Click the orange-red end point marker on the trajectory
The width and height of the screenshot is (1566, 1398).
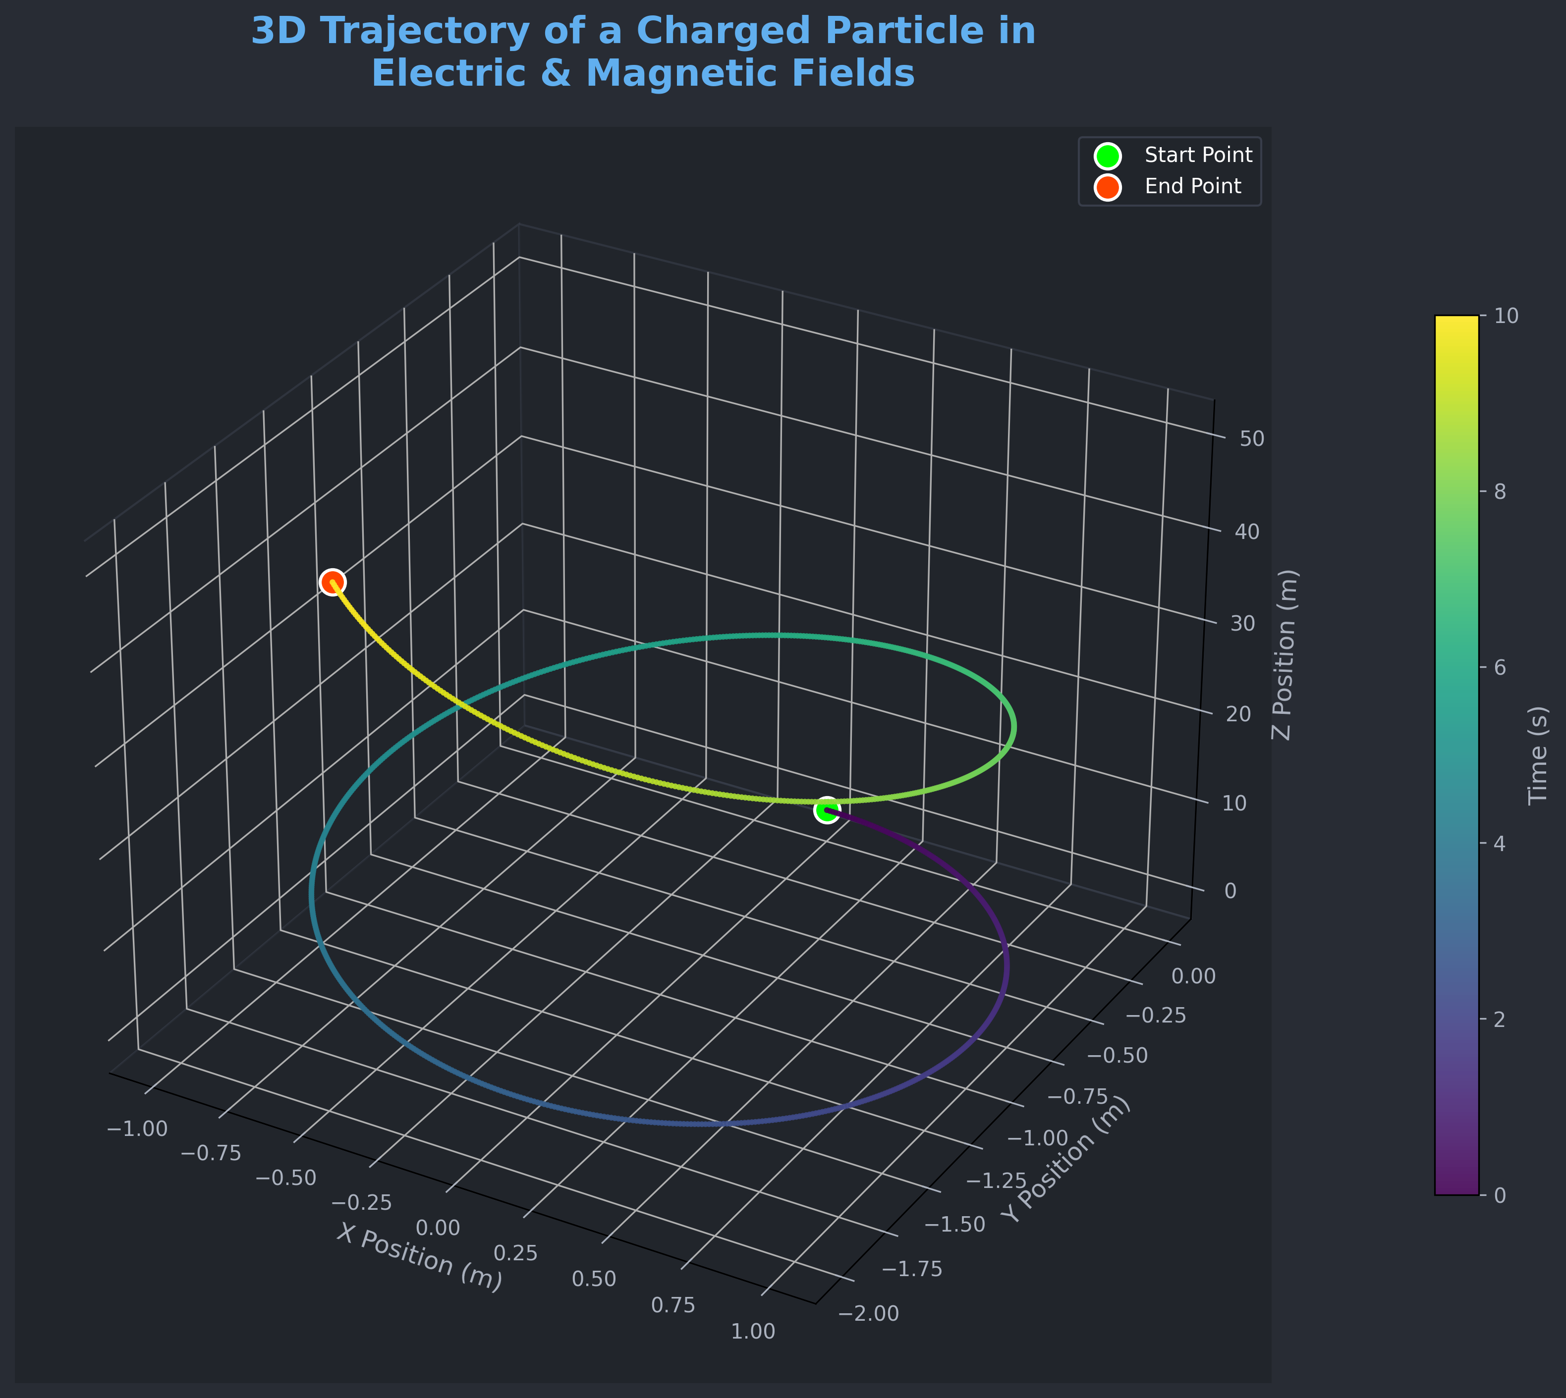tap(332, 582)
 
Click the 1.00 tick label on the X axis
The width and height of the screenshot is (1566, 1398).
tap(753, 1331)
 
